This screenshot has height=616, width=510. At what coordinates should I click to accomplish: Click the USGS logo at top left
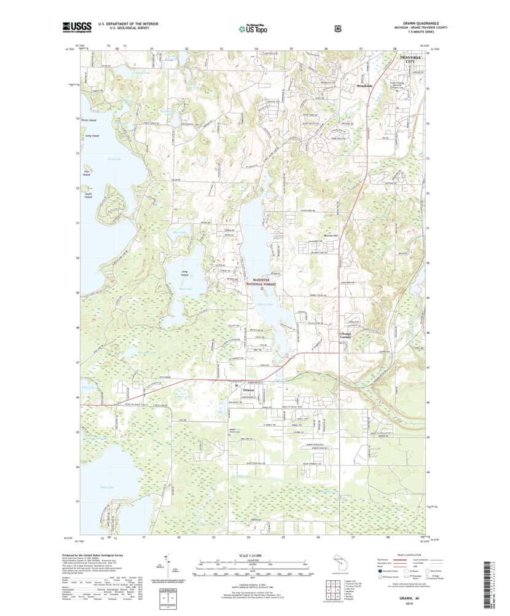tap(77, 26)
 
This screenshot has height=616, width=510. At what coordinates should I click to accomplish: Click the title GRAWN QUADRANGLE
tap(409, 23)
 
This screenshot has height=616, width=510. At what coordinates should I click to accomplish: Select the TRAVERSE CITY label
tap(411, 59)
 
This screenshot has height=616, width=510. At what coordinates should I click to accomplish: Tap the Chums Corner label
tap(345, 336)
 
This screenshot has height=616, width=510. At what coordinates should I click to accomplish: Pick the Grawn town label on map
tap(248, 391)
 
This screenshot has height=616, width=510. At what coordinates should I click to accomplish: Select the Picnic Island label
tap(89, 120)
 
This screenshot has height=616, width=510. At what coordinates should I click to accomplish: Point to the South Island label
tap(88, 195)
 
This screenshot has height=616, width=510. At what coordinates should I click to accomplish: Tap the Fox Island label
tap(87, 173)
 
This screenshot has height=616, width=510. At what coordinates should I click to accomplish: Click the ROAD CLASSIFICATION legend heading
tap(407, 555)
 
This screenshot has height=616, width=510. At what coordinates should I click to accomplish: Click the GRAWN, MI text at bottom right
tap(407, 604)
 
